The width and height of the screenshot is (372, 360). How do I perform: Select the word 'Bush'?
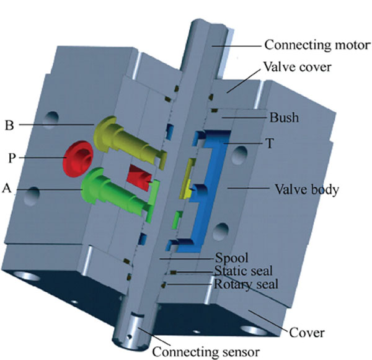[283, 116]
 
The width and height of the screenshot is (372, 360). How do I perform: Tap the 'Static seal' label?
[244, 271]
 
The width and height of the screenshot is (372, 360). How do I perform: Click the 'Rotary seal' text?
[246, 285]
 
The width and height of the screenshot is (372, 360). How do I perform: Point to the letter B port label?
[9, 124]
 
